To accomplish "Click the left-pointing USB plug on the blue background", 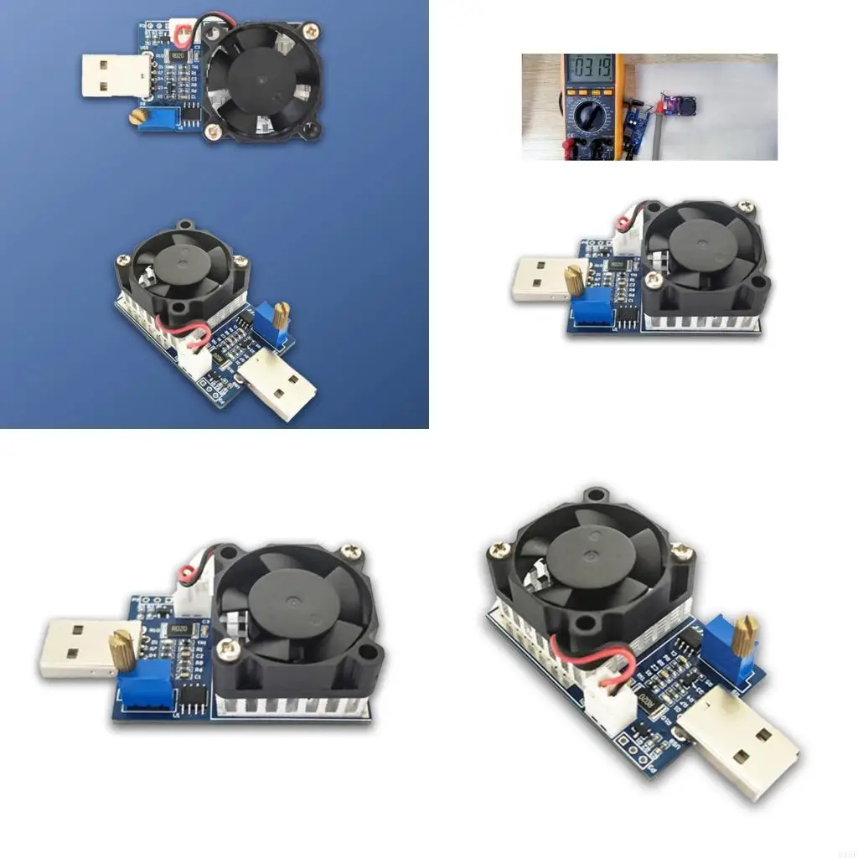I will (x=115, y=75).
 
